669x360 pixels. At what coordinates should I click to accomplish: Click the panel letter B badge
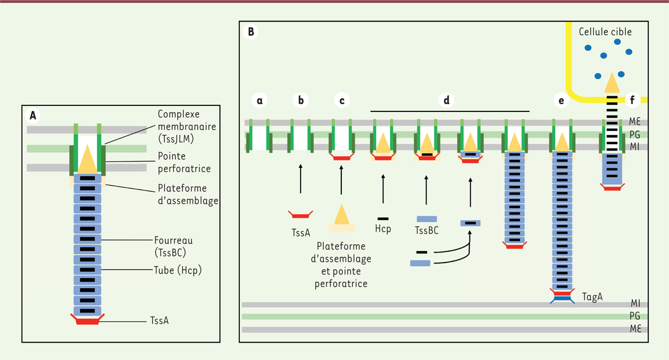click(x=251, y=32)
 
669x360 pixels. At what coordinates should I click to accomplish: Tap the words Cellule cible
click(x=605, y=32)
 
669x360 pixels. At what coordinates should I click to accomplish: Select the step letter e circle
click(x=560, y=100)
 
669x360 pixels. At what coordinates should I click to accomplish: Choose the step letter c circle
click(x=341, y=100)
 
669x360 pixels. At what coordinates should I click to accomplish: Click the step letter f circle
click(x=632, y=100)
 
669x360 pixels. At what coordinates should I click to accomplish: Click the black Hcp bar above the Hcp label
click(x=383, y=218)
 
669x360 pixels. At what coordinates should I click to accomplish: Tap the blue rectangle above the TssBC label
click(x=426, y=219)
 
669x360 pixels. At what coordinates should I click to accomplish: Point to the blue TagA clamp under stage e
click(x=561, y=300)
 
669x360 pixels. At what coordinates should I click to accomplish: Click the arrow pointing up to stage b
click(x=300, y=178)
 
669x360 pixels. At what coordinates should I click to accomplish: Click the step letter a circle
click(x=259, y=100)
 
